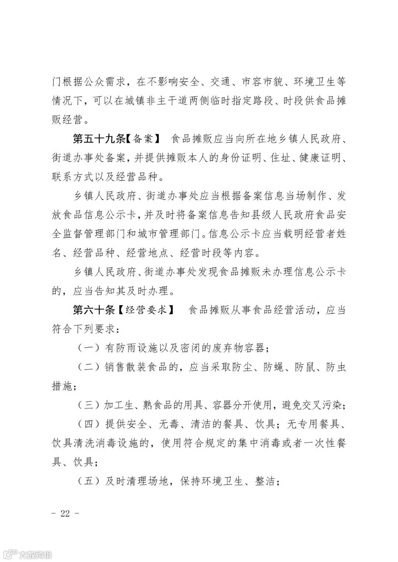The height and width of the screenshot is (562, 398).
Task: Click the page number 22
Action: tap(65, 513)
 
